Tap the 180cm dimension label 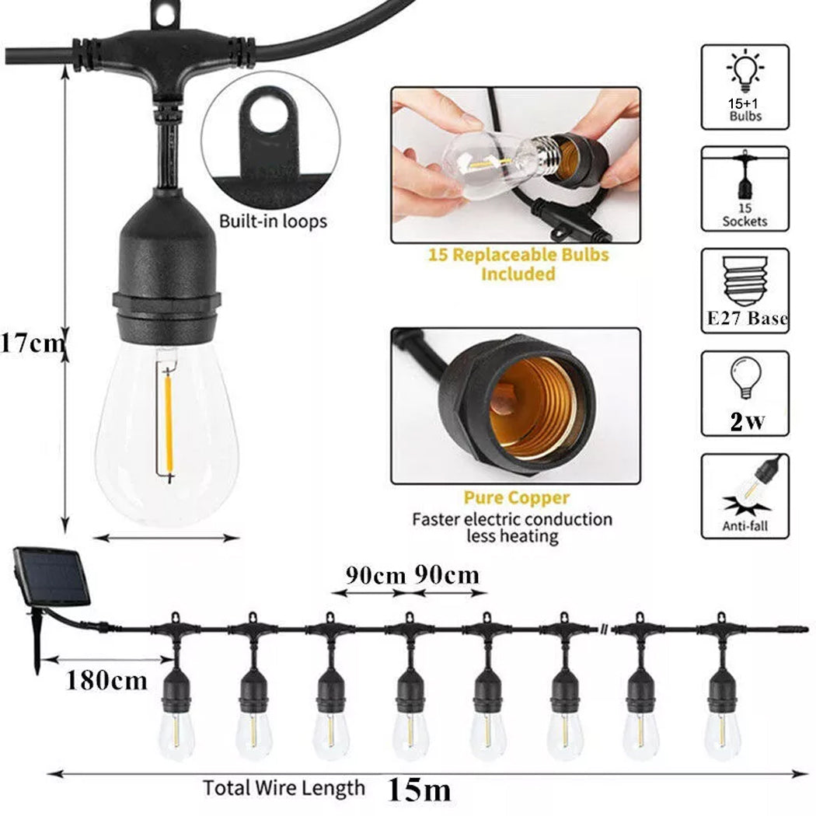[x=106, y=680]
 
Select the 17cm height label [x=31, y=343]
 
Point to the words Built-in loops [x=273, y=221]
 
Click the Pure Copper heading [x=517, y=498]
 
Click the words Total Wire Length [x=284, y=787]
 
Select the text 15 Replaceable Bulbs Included [x=518, y=264]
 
